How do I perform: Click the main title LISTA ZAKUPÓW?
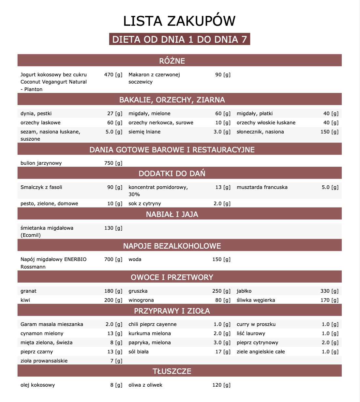(179, 21)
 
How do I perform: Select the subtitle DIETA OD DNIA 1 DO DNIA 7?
(179, 39)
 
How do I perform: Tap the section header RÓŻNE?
(172, 61)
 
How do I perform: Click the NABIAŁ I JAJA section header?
(172, 214)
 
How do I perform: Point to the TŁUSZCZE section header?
(172, 371)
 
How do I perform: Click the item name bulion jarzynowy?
(41, 163)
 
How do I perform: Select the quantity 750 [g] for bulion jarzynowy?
(113, 163)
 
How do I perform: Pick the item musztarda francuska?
(262, 187)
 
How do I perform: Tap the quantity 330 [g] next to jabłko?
(329, 291)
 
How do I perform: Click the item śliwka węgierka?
(256, 300)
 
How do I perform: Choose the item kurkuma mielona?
(150, 333)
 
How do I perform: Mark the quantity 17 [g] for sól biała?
(223, 352)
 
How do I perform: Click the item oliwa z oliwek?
(145, 385)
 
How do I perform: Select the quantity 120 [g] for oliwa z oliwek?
(221, 385)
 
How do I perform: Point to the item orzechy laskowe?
(40, 123)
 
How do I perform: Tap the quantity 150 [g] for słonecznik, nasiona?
(329, 132)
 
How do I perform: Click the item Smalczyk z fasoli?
(41, 187)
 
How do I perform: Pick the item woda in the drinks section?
(135, 259)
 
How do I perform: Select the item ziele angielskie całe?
(261, 352)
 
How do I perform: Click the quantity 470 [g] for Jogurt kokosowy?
(113, 75)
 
